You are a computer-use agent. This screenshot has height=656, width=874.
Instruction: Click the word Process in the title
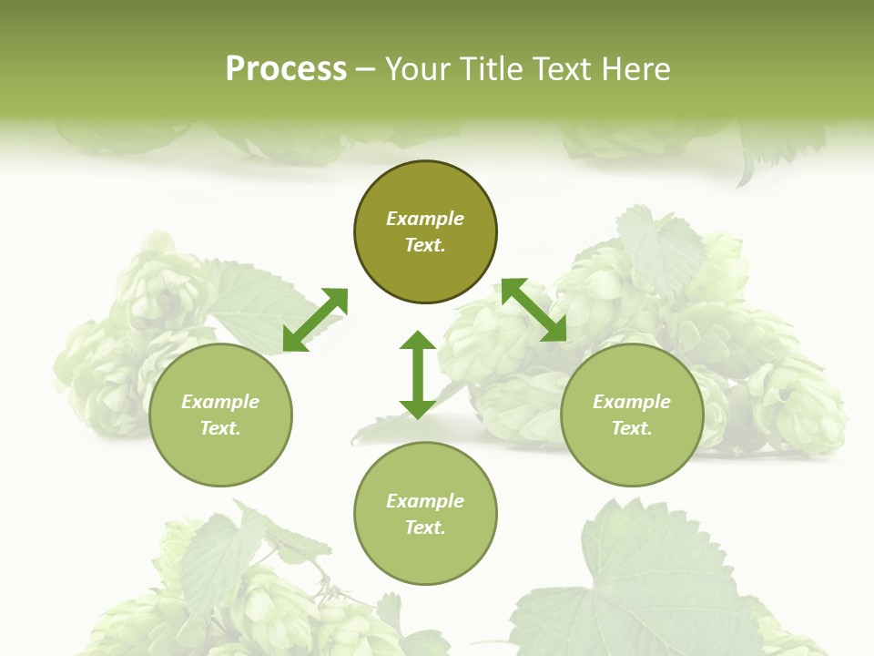(x=286, y=69)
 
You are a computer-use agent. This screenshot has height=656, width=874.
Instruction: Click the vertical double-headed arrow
(x=418, y=374)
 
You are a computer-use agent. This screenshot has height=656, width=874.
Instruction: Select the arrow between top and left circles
(x=315, y=320)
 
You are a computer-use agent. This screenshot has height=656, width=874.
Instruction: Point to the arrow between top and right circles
(x=534, y=310)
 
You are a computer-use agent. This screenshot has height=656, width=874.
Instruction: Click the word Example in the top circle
(x=425, y=219)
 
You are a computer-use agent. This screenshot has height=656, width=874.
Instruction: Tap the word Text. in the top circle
(x=425, y=245)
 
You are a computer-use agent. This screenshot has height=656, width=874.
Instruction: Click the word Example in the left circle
(x=220, y=402)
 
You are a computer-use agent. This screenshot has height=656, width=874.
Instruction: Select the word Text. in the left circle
(x=220, y=428)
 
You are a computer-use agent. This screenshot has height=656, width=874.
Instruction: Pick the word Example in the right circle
(x=632, y=402)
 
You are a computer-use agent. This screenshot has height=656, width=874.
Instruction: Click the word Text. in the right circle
(x=632, y=428)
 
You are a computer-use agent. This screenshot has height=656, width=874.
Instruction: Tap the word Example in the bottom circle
(x=425, y=501)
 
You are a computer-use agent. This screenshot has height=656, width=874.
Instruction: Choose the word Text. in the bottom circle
(x=425, y=528)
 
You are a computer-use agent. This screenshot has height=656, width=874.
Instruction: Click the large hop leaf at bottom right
(x=637, y=583)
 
